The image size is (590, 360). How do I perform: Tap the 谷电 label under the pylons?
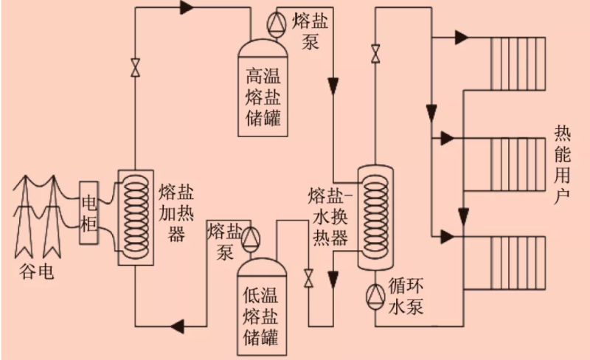click(x=35, y=272)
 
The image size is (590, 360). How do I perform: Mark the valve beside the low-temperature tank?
click(x=308, y=279)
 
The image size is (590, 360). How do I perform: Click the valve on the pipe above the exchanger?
click(x=375, y=53)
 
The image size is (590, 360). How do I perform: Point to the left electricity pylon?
click(x=27, y=215)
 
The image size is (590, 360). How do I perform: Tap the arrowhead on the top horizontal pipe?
click(x=185, y=8)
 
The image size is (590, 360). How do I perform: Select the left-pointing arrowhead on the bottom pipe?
click(x=177, y=325)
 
